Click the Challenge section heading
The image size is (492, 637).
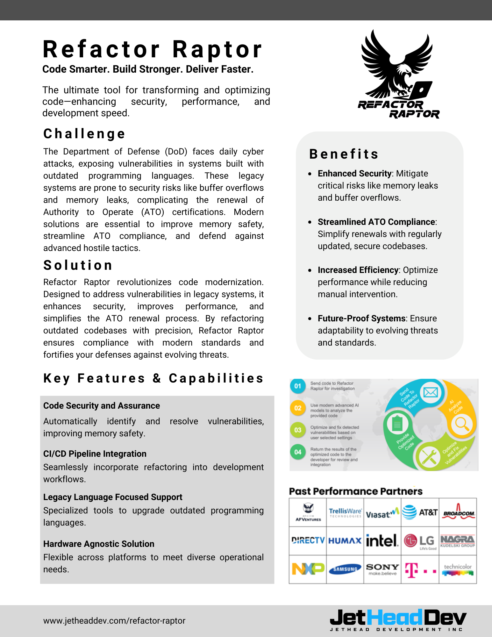(84, 134)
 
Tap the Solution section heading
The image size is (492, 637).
(78, 265)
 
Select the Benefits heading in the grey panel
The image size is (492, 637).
(344, 154)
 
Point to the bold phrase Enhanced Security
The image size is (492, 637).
(354, 174)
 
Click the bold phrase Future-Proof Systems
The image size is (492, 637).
(361, 318)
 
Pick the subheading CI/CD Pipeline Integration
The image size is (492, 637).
(95, 454)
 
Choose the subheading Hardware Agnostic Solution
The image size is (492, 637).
(99, 544)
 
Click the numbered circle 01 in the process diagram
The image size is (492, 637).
(297, 386)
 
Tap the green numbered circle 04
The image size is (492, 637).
(297, 452)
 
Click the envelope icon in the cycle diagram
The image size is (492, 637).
(431, 392)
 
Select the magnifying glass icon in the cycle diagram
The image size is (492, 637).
(461, 424)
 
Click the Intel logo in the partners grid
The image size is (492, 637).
(382, 540)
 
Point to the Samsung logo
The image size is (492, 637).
(345, 569)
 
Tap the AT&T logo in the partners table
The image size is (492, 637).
(420, 512)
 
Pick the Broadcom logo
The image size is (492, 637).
(458, 512)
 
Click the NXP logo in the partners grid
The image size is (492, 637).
(308, 569)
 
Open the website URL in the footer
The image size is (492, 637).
(114, 620)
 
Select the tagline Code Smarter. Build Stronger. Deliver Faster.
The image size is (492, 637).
(148, 69)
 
